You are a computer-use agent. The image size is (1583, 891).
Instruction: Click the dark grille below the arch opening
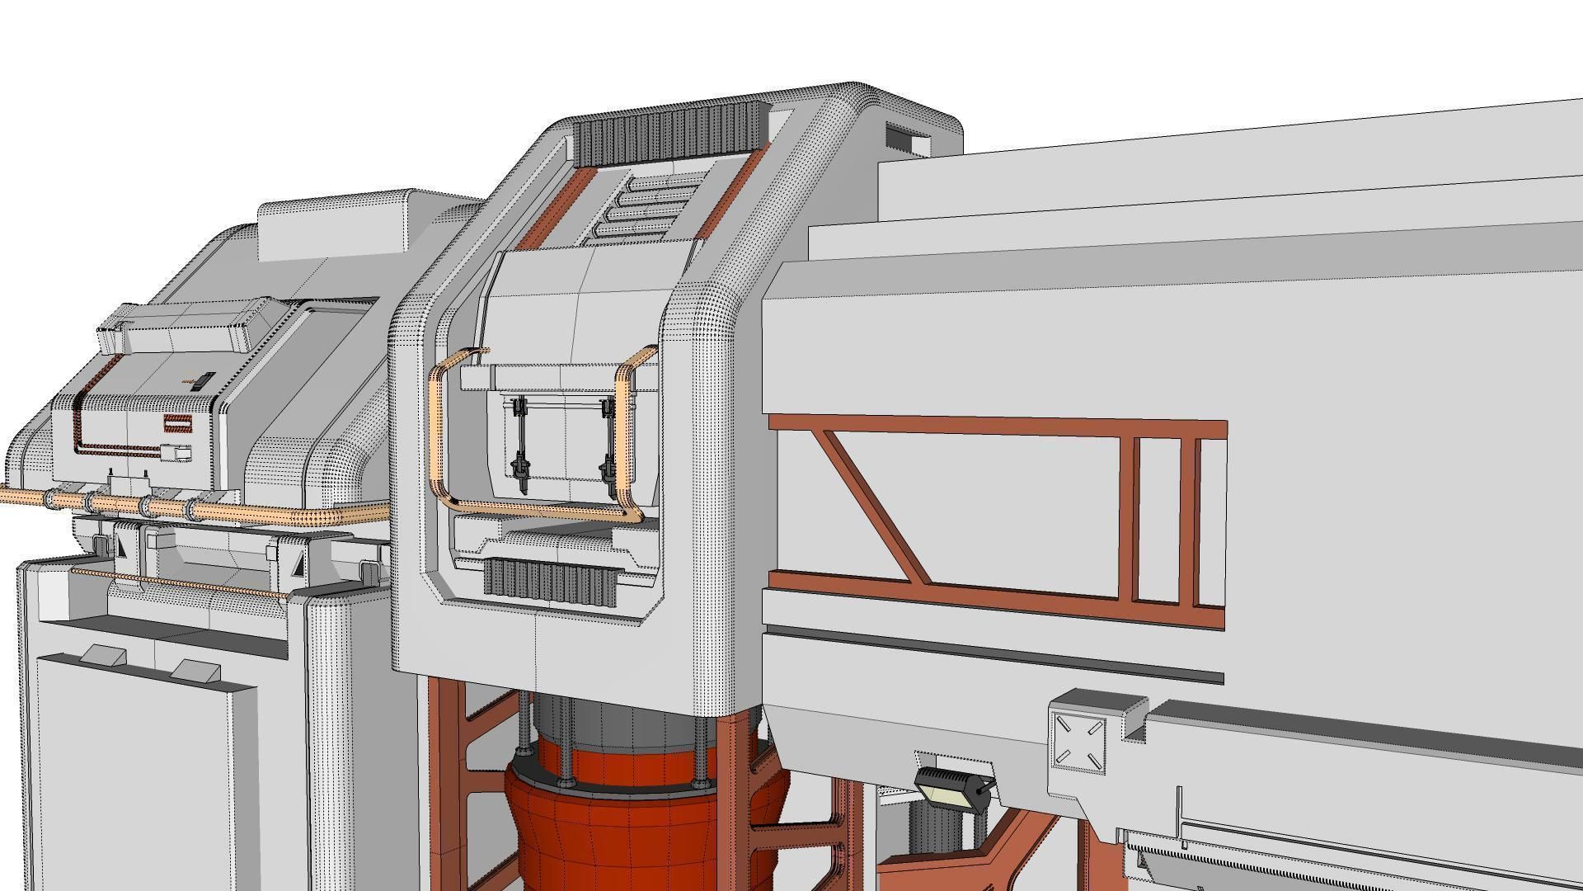pyautogui.click(x=550, y=578)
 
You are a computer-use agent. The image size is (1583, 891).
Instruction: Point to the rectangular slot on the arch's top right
pyautogui.click(x=908, y=139)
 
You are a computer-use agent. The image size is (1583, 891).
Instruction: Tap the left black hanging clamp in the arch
pyautogui.click(x=520, y=445)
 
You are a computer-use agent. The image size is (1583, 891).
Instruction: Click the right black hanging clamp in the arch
pyautogui.click(x=608, y=445)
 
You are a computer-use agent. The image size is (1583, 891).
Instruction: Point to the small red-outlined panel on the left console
pyautogui.click(x=177, y=424)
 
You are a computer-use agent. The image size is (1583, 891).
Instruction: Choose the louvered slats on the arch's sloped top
pyautogui.click(x=647, y=206)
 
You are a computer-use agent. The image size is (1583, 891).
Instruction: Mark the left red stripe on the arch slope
pyautogui.click(x=552, y=210)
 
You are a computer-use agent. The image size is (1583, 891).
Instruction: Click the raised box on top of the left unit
pyautogui.click(x=334, y=227)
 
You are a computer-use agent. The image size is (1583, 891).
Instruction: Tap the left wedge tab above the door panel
pyautogui.click(x=103, y=655)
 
